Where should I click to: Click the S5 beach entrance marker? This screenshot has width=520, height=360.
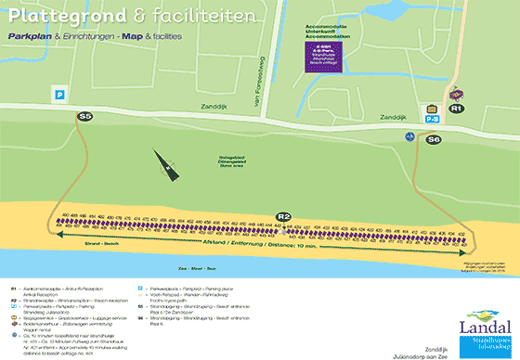[85, 117]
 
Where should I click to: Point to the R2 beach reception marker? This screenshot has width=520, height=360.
[284, 217]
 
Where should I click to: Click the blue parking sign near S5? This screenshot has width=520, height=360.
[59, 94]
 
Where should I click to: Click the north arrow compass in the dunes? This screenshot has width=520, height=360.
[165, 168]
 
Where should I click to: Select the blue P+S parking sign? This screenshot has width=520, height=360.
[432, 118]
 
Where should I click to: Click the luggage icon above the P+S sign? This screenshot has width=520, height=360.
[431, 108]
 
